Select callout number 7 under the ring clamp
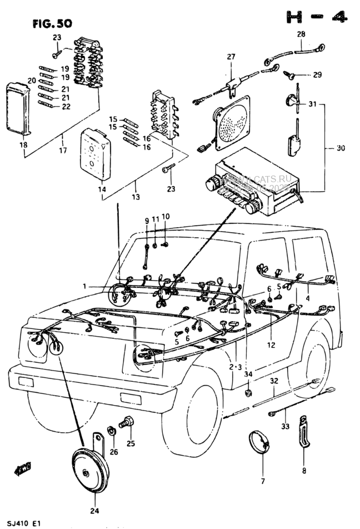pos(263,480)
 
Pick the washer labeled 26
pos(111,430)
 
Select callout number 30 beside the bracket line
pos(341,148)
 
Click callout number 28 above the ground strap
pos(301,34)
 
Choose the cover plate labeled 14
pos(94,154)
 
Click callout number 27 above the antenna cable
pos(231,56)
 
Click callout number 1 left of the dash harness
pos(85,286)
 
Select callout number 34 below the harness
pos(248,374)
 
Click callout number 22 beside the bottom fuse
pos(66,107)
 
